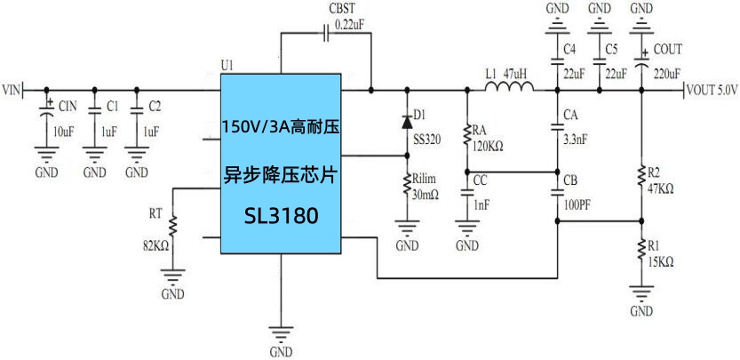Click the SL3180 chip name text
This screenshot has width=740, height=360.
(280, 216)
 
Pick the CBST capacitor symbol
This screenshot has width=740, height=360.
(326, 34)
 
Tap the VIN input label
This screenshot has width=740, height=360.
(12, 90)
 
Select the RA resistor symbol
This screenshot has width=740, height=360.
(466, 135)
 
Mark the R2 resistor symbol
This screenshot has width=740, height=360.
(641, 179)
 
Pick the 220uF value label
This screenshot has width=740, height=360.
(667, 74)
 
